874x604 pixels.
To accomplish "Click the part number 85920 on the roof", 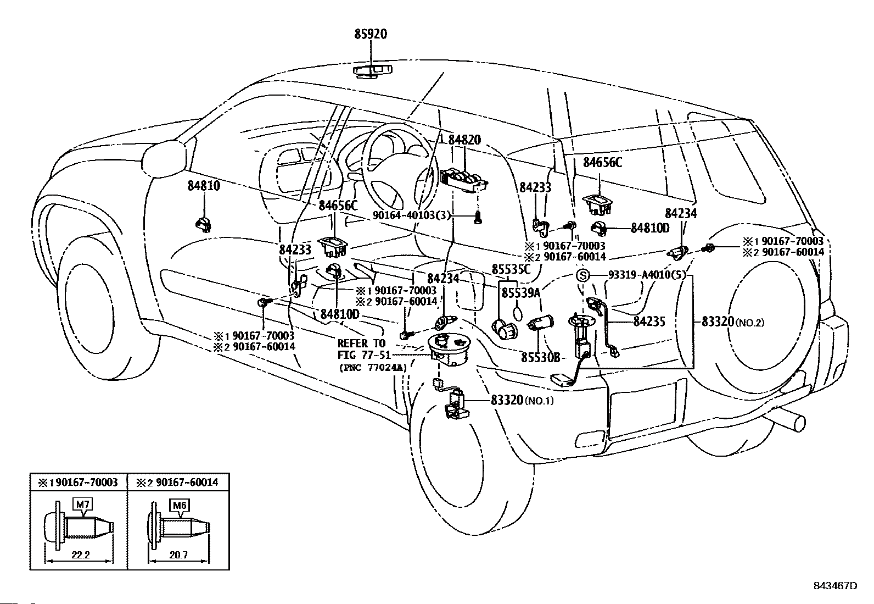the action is pyautogui.click(x=371, y=35).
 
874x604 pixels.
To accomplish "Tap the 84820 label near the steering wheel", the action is pyautogui.click(x=464, y=140).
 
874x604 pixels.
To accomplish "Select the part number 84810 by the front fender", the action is pyautogui.click(x=204, y=186).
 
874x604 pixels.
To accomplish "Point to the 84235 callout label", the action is pyautogui.click(x=649, y=322).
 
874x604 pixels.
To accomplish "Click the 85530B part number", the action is pyautogui.click(x=541, y=357).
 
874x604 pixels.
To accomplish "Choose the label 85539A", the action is pyautogui.click(x=521, y=292).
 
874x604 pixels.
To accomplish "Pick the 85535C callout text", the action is pyautogui.click(x=511, y=269).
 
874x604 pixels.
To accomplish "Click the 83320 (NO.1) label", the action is pyautogui.click(x=522, y=401).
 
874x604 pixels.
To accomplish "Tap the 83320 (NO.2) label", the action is pyautogui.click(x=733, y=322).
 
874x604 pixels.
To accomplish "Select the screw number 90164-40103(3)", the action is pyautogui.click(x=412, y=215).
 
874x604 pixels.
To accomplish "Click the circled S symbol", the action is pyautogui.click(x=582, y=276).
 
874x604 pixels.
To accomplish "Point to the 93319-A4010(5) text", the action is pyautogui.click(x=647, y=275).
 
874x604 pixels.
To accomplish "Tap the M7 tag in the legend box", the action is pyautogui.click(x=83, y=505).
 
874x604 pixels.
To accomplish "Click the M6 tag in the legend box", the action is pyautogui.click(x=180, y=506).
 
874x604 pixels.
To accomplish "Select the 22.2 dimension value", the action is pyautogui.click(x=81, y=555).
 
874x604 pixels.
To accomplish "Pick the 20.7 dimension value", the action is pyautogui.click(x=179, y=555).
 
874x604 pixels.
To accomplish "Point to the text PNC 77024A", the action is pyautogui.click(x=373, y=368).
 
